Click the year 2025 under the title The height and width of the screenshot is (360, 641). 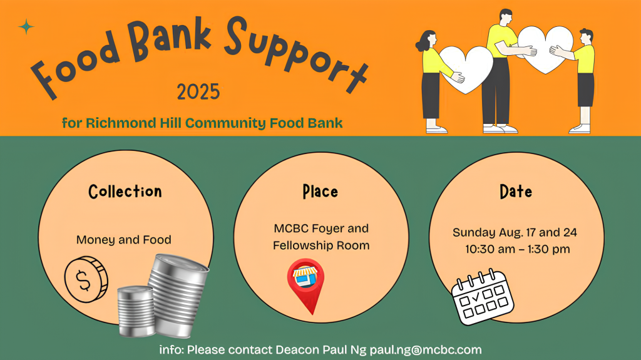point(198,91)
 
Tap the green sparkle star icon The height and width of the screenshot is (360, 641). point(26,26)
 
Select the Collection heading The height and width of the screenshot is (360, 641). point(125,192)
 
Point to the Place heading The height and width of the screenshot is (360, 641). point(320,192)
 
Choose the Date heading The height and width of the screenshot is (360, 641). point(516,192)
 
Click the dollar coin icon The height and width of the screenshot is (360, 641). point(86,279)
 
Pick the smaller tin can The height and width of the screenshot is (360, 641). point(136,311)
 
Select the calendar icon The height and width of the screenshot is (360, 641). point(483,297)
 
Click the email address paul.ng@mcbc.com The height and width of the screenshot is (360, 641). point(426,350)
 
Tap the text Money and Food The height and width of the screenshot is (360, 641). point(124,240)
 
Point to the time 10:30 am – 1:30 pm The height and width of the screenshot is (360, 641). point(517,249)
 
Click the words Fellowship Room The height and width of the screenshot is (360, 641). point(321,245)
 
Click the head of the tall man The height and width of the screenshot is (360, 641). point(505,17)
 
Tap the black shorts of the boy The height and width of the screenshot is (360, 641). point(585,90)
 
